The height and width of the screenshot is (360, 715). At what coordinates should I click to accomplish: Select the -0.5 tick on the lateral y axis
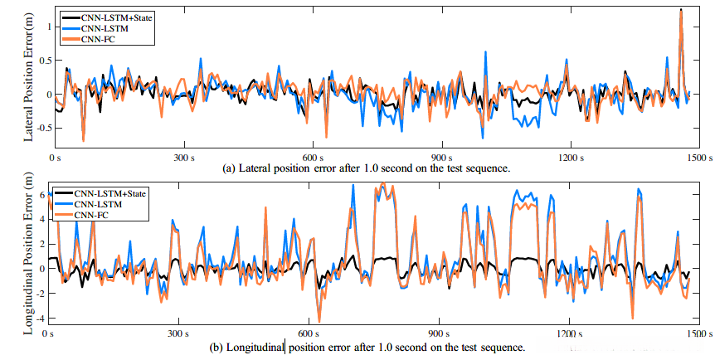[x=37, y=128]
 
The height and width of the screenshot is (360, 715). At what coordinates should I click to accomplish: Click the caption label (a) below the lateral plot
[x=231, y=168]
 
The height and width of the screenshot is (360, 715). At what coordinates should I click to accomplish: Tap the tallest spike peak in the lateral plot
[x=680, y=10]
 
